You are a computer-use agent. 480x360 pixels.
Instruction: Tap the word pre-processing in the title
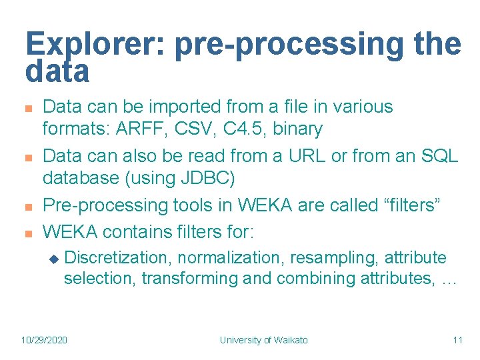coord(283,45)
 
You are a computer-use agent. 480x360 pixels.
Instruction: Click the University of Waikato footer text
coord(264,340)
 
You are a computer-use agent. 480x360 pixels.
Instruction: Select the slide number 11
coord(457,340)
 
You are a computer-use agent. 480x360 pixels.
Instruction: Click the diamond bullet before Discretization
coord(54,258)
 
